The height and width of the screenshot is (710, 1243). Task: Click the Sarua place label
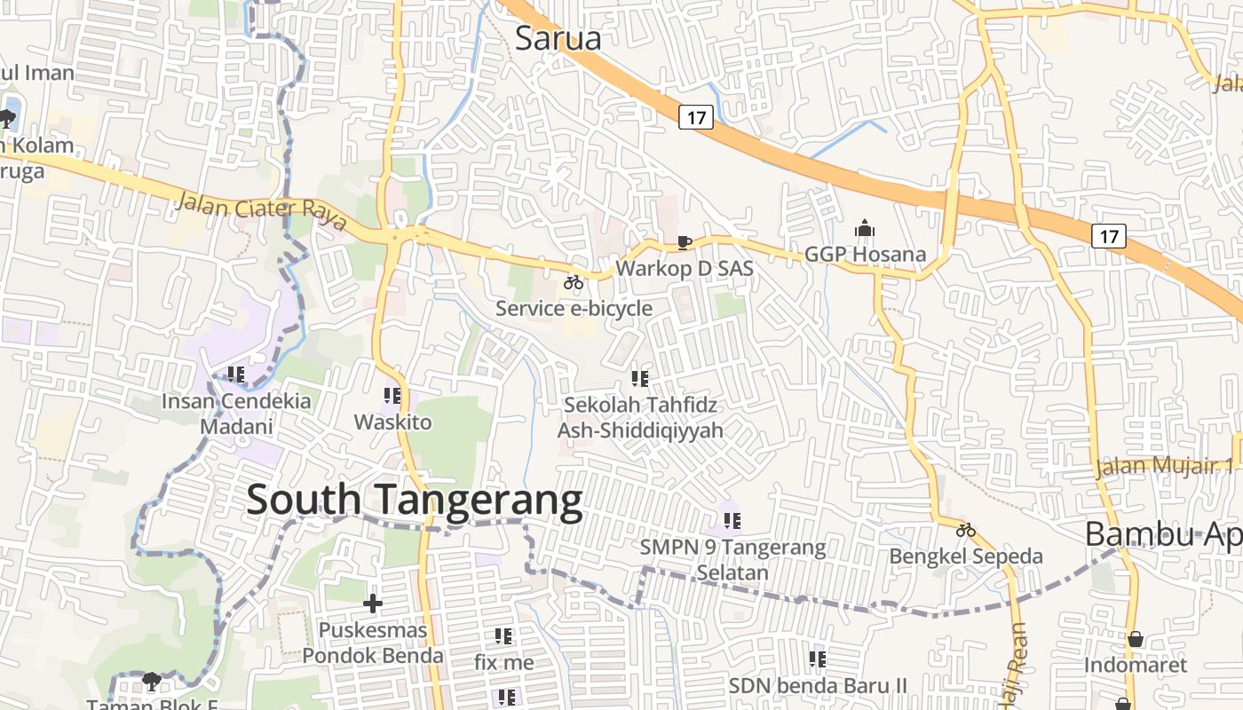pyautogui.click(x=558, y=38)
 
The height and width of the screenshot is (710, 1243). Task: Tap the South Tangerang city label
pyautogui.click(x=414, y=501)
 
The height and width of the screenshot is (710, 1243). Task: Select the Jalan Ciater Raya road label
pyautogui.click(x=261, y=212)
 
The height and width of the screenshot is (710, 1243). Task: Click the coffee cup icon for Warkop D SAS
pyautogui.click(x=684, y=242)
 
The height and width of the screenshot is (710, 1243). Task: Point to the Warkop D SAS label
pyautogui.click(x=684, y=267)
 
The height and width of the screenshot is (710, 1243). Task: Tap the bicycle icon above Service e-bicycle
pyautogui.click(x=574, y=283)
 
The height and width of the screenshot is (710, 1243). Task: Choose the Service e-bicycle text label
pyautogui.click(x=574, y=309)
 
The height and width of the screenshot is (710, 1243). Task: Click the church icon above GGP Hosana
pyautogui.click(x=865, y=229)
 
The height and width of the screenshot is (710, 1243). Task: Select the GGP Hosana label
pyautogui.click(x=865, y=255)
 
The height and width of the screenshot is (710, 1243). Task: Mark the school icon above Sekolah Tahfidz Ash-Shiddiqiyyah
pyautogui.click(x=639, y=379)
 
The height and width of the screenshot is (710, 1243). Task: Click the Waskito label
pyautogui.click(x=392, y=422)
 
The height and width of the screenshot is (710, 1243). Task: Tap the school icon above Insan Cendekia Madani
pyautogui.click(x=235, y=375)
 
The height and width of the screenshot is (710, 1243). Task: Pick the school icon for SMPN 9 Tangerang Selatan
pyautogui.click(x=732, y=521)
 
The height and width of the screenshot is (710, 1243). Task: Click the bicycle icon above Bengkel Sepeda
pyautogui.click(x=966, y=531)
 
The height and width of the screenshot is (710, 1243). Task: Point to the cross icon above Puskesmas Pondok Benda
pyautogui.click(x=373, y=604)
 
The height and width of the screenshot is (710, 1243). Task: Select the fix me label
pyautogui.click(x=503, y=662)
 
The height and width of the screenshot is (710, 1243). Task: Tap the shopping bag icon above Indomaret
pyautogui.click(x=1135, y=639)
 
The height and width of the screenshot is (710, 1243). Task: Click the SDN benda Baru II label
pyautogui.click(x=818, y=685)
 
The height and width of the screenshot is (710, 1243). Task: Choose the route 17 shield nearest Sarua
pyautogui.click(x=696, y=116)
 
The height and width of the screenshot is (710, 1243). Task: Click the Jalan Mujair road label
pyautogui.click(x=1163, y=466)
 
